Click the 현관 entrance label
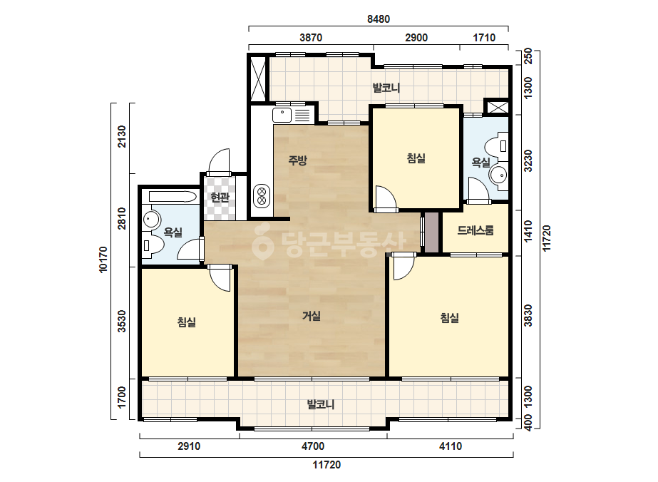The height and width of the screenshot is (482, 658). (x=220, y=197)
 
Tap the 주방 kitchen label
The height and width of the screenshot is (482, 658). (x=297, y=160)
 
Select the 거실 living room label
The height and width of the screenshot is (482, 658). (x=312, y=316)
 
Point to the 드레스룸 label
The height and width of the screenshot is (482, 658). (x=475, y=230)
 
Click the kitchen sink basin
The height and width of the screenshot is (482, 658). (x=282, y=115)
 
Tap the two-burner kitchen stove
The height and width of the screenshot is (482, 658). (x=262, y=196)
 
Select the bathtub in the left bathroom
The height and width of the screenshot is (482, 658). (x=173, y=197)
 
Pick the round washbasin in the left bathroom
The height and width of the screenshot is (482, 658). (x=151, y=219)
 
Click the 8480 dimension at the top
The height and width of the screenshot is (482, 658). (x=378, y=19)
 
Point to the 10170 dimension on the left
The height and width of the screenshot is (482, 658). (x=103, y=260)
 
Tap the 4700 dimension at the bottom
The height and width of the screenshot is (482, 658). (x=313, y=446)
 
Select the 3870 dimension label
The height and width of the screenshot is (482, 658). (x=311, y=38)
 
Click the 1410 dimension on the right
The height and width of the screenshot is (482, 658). (x=528, y=231)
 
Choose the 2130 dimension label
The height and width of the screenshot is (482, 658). (x=121, y=136)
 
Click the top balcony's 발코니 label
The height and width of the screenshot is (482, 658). (x=386, y=88)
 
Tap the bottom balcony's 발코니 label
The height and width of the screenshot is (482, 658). (x=321, y=405)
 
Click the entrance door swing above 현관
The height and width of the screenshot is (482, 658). (x=220, y=161)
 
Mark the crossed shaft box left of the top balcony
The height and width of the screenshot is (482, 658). (x=257, y=79)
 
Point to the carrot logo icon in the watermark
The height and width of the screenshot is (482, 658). (x=262, y=242)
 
